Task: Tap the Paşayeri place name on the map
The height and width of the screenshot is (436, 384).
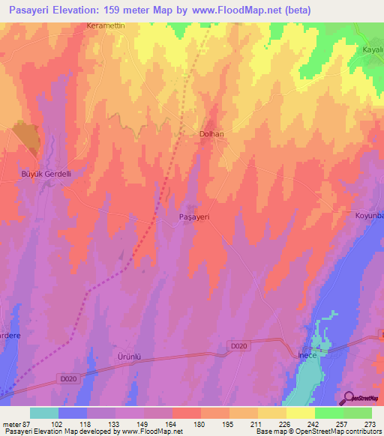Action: coord(193,216)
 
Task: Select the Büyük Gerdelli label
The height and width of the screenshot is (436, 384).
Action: coord(44,173)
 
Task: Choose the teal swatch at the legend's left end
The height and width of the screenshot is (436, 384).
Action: coord(43,412)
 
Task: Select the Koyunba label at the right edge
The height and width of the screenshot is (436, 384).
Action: coord(368,216)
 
